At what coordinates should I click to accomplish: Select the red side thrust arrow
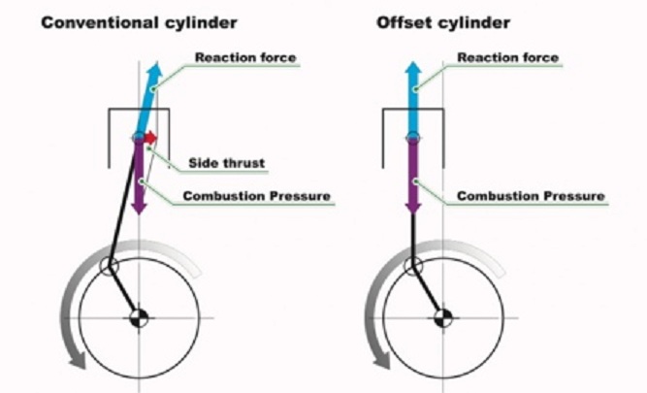point(149,139)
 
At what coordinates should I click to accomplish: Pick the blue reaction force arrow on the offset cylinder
point(412,97)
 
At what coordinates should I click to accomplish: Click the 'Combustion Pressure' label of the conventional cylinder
point(257,196)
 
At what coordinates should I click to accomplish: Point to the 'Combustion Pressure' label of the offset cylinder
point(531,196)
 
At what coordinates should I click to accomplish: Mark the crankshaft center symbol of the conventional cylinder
point(139,315)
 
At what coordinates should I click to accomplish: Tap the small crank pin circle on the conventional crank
point(110,265)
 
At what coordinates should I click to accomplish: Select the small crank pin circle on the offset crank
point(414,265)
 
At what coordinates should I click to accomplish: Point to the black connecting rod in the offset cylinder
point(413,233)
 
